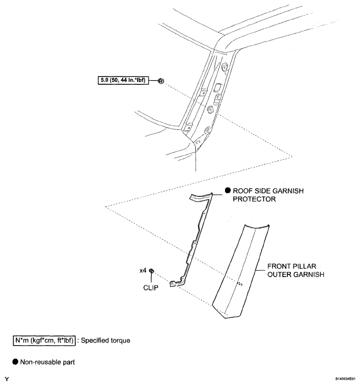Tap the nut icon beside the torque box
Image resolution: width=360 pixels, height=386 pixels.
tap(161, 81)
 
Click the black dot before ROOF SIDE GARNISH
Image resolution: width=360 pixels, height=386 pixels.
tap(228, 191)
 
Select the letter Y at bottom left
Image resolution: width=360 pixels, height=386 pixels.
tap(6, 378)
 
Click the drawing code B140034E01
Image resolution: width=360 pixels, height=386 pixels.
tap(340, 379)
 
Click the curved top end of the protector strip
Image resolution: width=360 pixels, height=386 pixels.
tap(199, 196)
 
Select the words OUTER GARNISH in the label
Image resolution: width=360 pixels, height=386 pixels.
tap(292, 274)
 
